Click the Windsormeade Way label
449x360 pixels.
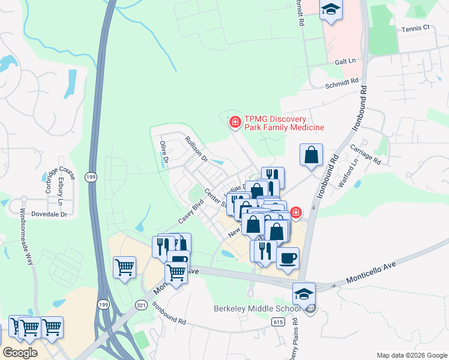point(27,237)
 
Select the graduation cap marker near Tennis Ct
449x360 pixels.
point(330,10)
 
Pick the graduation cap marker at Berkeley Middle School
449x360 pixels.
point(304,294)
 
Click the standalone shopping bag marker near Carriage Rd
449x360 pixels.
point(312,155)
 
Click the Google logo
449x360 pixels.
point(20,353)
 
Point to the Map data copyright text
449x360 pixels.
point(411,355)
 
